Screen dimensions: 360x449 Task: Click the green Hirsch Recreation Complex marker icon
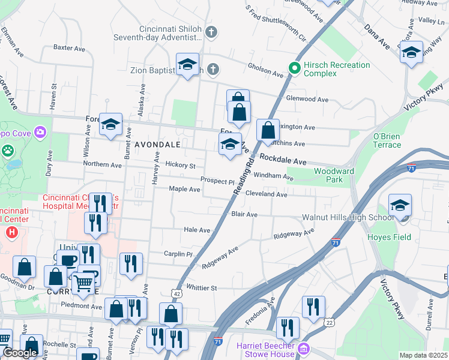pyautogui.click(x=294, y=68)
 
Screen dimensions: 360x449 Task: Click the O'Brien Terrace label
pyautogui.click(x=387, y=140)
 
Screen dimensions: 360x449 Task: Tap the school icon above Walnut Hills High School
pyautogui.click(x=400, y=206)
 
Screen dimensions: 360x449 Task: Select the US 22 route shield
pyautogui.click(x=330, y=322)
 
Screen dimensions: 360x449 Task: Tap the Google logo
pyautogui.click(x=20, y=353)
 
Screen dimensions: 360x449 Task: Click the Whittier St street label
pyautogui.click(x=201, y=288)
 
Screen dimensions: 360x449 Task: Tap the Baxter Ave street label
pyautogui.click(x=71, y=47)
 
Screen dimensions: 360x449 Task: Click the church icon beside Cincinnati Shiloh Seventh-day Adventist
pyautogui.click(x=210, y=32)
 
